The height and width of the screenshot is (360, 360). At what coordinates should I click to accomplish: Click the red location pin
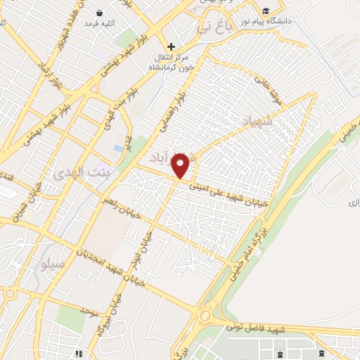(181, 165)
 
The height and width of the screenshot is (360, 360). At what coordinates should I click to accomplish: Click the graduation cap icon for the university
(266, 11)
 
